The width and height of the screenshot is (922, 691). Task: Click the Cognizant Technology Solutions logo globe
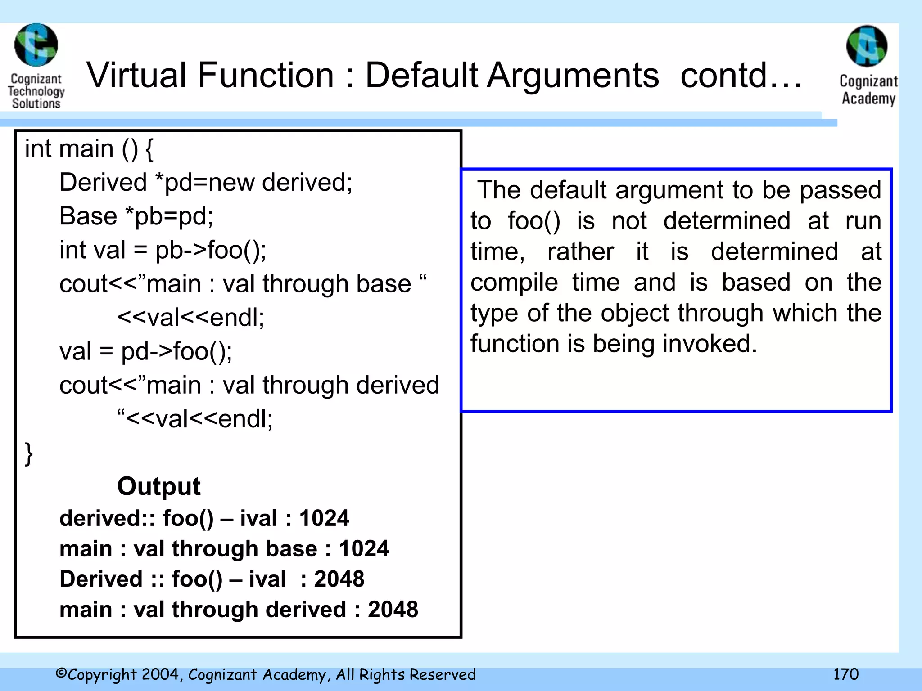coord(36,45)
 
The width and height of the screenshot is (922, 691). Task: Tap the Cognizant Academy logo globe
coord(867,46)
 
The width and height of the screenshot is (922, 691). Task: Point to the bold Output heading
coord(158,486)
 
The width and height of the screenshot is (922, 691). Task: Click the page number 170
coord(845,674)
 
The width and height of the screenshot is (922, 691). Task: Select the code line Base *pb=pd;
coord(136,216)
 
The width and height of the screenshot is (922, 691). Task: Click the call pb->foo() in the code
coord(210,250)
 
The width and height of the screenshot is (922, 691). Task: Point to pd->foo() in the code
coord(176,351)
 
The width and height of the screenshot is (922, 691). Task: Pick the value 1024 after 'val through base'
coord(364,549)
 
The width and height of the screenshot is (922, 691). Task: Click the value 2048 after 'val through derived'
coord(393,610)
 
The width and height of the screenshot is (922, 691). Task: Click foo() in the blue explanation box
coord(534,221)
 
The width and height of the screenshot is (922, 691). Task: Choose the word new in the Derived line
coord(230,183)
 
